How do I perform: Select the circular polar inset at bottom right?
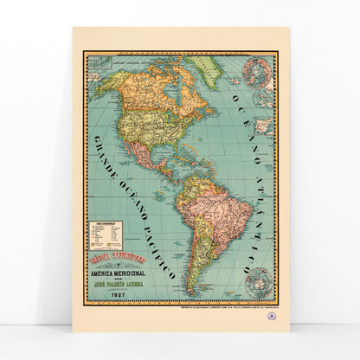(x=257, y=279)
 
